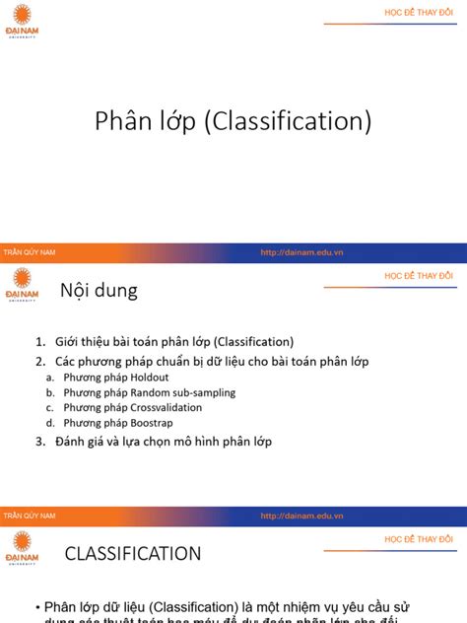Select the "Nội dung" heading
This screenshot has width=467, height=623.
coord(99,291)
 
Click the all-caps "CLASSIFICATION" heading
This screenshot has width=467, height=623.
coord(133,554)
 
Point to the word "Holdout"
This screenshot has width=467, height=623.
coord(150,378)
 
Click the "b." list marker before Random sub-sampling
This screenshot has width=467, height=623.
coord(50,392)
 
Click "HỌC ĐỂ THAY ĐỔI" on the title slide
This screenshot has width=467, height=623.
coord(418,12)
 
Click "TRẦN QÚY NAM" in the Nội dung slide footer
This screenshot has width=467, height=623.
coord(31,517)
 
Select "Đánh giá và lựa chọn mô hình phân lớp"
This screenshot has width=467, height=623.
coord(173,442)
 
